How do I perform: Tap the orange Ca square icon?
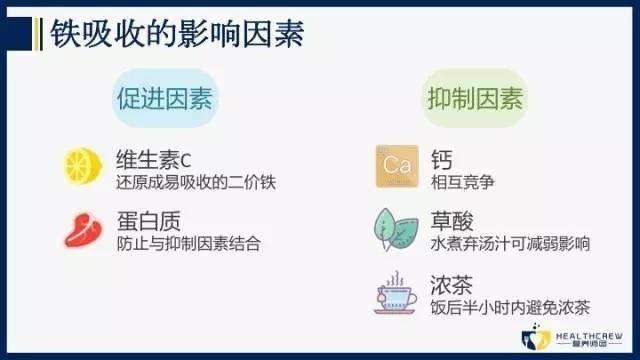point(391,164)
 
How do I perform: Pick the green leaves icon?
point(391,225)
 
